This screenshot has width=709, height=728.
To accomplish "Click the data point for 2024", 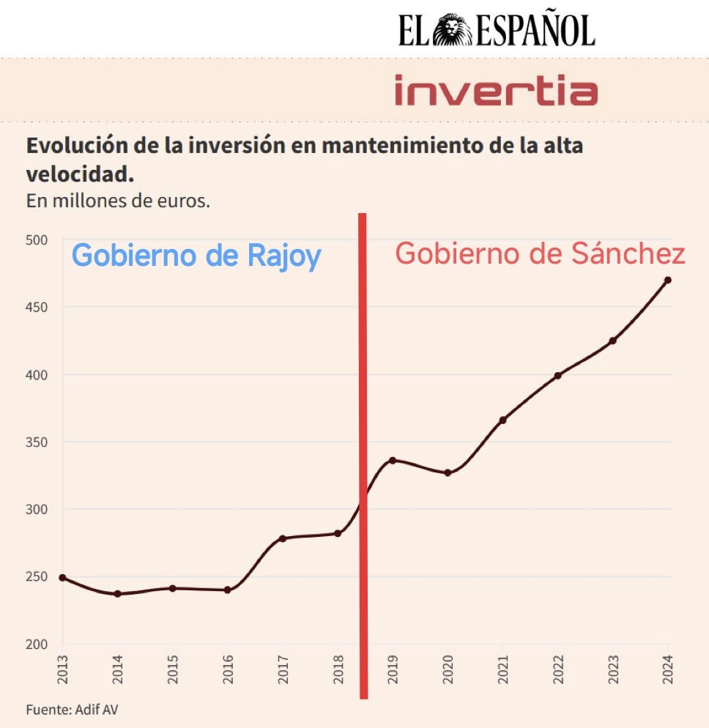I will coord(668,280).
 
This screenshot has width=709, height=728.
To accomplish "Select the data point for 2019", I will coord(393,460).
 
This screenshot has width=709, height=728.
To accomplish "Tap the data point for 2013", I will coord(62,578).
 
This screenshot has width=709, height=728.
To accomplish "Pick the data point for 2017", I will coord(282,538).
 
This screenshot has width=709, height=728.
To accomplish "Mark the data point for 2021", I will coord(502,420).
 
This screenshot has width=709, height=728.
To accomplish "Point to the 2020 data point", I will coord(448,472).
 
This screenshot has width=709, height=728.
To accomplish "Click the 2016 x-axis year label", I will coord(228,669).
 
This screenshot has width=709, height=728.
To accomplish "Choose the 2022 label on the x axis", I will coord(558,669).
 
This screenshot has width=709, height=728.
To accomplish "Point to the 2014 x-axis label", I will coord(118,669).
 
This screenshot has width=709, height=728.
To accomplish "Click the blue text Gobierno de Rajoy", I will coord(196,256).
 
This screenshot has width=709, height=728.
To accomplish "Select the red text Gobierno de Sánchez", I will coord(540,254).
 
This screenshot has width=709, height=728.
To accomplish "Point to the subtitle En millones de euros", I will coord(118,201).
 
